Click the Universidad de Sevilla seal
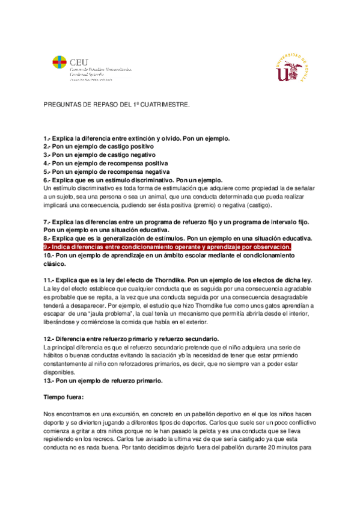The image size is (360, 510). (x=292, y=66)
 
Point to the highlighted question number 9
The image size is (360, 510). (x=47, y=247)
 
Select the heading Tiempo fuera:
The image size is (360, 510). (x=64, y=398)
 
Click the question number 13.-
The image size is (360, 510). (x=49, y=381)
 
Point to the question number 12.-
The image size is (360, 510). (x=49, y=339)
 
